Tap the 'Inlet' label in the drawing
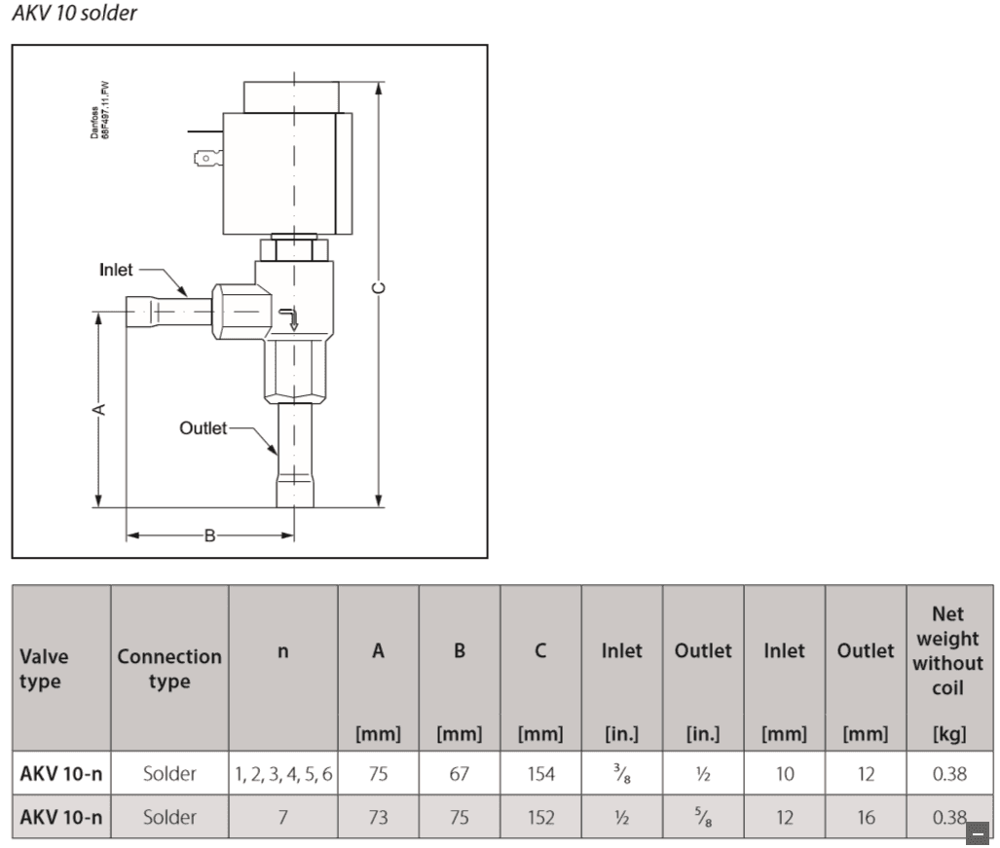[x=116, y=270]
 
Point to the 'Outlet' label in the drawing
[x=203, y=427]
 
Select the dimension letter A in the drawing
[x=98, y=410]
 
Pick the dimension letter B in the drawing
[x=209, y=535]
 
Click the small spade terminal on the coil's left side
[x=207, y=155]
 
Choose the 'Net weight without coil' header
[x=947, y=650]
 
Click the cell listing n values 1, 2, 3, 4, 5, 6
[x=283, y=775]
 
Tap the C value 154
[x=540, y=775]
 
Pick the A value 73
[x=378, y=818]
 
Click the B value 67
[x=460, y=775]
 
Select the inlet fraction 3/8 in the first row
[x=621, y=775]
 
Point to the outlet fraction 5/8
[x=703, y=818]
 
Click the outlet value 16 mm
[x=866, y=818]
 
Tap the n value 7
[x=283, y=818]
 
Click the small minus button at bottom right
[x=977, y=832]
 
